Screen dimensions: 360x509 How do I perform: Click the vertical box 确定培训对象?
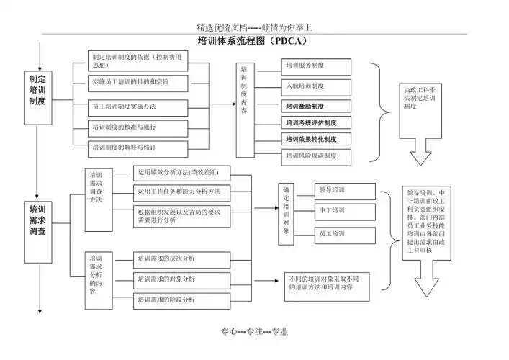tap(286, 210)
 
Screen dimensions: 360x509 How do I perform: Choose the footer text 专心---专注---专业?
tap(254, 331)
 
